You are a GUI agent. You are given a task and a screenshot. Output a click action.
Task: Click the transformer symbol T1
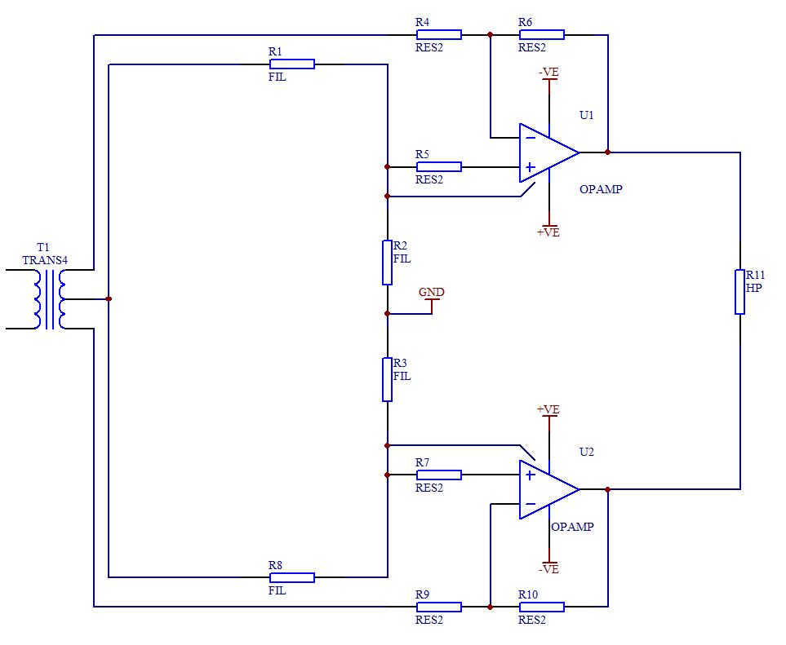[x=49, y=298]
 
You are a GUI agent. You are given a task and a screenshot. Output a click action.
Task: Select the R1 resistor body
[x=291, y=64]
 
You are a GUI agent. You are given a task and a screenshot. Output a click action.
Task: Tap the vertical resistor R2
[x=387, y=263]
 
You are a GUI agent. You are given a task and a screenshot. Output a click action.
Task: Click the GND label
[x=432, y=292]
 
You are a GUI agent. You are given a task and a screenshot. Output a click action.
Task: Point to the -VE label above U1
[x=548, y=73]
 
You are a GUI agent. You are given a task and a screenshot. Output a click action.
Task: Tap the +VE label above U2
[x=548, y=409]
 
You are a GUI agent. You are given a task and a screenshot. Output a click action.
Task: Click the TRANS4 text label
[x=45, y=261]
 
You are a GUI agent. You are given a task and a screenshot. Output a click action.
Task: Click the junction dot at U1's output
[x=608, y=152]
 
